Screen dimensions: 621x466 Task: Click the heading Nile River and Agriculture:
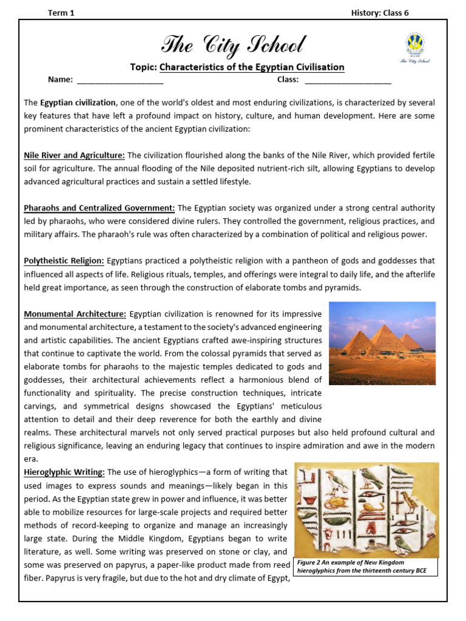75,155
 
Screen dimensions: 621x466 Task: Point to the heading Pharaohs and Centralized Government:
100,208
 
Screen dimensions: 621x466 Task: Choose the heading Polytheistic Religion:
64,261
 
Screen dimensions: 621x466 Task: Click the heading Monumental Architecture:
75,314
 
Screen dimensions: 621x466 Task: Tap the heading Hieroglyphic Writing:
64,472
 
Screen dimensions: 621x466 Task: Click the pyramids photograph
382,343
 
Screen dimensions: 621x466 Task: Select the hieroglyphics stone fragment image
366,509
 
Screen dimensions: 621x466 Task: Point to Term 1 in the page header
61,13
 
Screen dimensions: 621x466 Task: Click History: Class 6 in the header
380,13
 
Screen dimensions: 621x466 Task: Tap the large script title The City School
234,44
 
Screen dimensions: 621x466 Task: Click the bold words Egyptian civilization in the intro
78,102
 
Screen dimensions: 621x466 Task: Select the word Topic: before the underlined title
143,67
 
